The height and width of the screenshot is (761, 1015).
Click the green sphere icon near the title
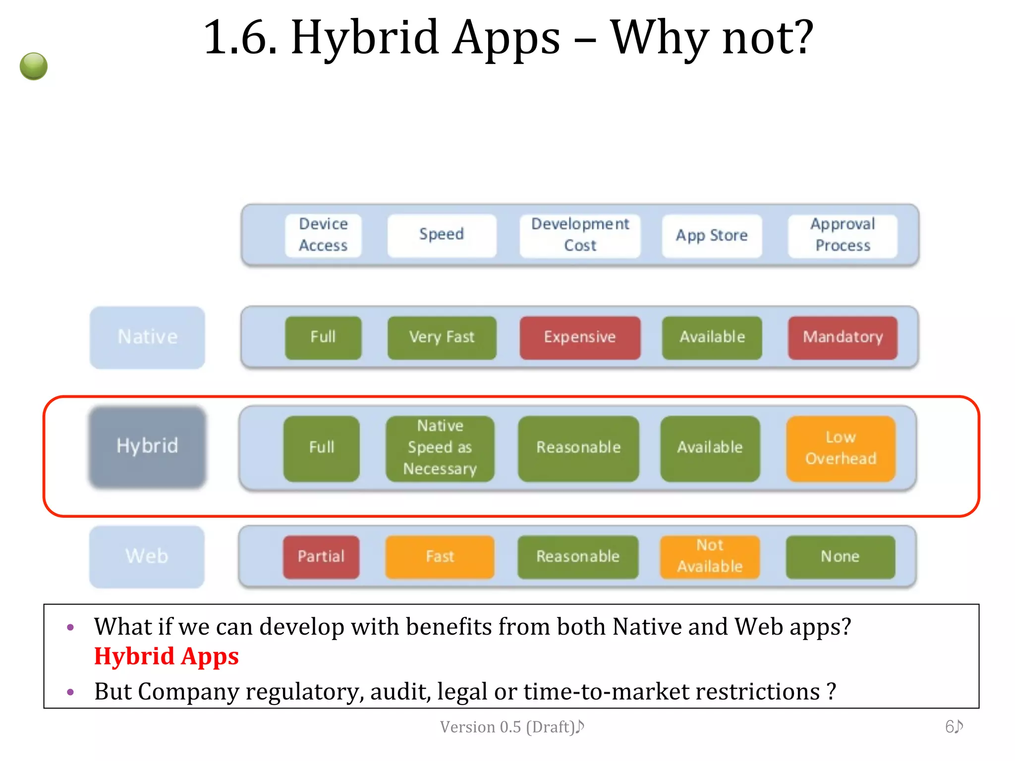click(x=34, y=66)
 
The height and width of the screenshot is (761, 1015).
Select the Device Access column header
click(x=323, y=235)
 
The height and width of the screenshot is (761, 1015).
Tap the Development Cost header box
click(x=580, y=235)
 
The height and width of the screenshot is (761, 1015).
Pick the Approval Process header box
click(x=843, y=235)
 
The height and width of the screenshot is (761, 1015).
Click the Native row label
click(x=147, y=337)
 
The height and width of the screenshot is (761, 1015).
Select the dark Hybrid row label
click(x=147, y=446)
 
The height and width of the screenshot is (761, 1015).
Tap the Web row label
click(x=147, y=556)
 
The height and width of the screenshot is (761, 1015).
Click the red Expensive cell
click(x=580, y=337)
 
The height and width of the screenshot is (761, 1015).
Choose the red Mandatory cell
click(x=843, y=337)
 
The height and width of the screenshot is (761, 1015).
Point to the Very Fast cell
click(x=442, y=337)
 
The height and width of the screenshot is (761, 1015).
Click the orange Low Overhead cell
click(x=841, y=448)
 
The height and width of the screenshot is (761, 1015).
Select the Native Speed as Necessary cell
click(x=440, y=448)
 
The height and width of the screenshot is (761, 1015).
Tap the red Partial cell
click(x=321, y=557)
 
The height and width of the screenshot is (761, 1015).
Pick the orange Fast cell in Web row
click(x=440, y=557)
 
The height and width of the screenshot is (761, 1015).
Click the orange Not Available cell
click(x=710, y=557)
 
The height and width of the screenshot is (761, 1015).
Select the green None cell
click(x=841, y=557)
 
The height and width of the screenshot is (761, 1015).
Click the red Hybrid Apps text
click(x=167, y=656)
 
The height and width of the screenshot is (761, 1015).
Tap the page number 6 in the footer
click(x=951, y=727)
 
